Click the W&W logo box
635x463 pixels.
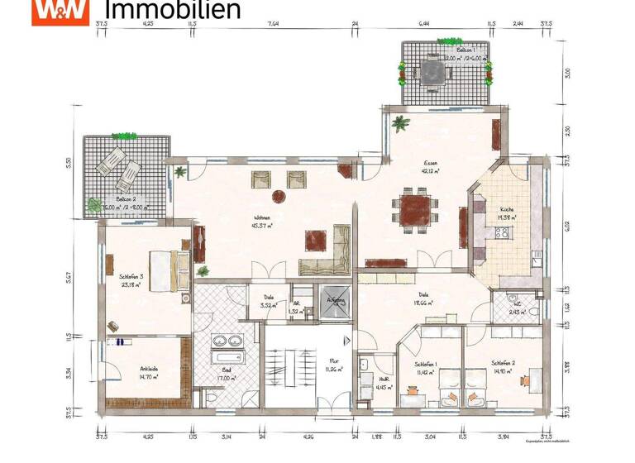(x=60, y=12)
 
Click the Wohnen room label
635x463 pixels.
(x=263, y=218)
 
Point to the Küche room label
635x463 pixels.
(x=506, y=210)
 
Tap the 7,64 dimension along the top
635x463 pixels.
(x=272, y=25)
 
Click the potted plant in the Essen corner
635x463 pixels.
(x=402, y=125)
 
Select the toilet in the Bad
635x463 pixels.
(x=214, y=399)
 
